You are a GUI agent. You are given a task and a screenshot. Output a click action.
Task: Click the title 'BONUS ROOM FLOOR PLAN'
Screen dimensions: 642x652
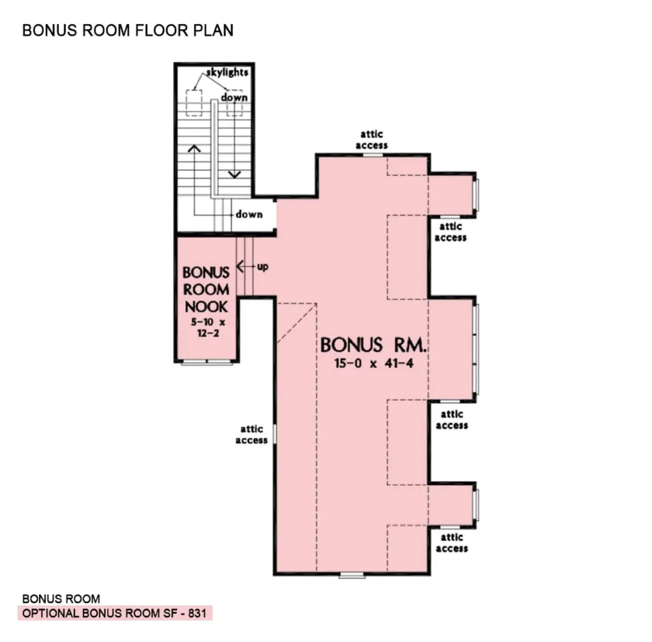click(x=127, y=30)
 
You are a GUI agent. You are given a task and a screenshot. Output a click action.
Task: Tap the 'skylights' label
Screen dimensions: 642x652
click(x=227, y=72)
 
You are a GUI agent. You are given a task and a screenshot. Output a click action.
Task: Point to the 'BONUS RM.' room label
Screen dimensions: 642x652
click(x=373, y=345)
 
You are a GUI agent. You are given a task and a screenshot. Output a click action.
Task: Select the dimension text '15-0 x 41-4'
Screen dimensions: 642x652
click(x=374, y=364)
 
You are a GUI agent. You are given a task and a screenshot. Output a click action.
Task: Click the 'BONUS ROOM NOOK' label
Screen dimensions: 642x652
click(x=206, y=290)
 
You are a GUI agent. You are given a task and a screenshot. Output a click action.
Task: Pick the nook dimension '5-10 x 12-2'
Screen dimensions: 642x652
click(x=208, y=327)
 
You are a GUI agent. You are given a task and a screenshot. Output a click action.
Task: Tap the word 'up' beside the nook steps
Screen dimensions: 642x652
click(x=263, y=267)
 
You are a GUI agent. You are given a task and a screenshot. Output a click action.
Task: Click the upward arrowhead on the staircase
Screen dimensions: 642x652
click(x=194, y=148)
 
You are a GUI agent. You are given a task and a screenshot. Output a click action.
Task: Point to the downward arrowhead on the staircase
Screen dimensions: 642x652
click(x=234, y=174)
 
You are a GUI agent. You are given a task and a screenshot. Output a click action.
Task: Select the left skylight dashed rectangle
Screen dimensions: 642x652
click(x=194, y=103)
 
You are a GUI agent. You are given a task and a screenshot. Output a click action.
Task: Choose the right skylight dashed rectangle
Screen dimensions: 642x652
click(x=234, y=103)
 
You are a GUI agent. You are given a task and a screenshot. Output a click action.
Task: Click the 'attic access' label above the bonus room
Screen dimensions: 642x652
click(x=372, y=140)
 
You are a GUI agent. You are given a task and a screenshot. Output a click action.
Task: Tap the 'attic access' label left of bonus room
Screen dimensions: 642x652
click(x=251, y=435)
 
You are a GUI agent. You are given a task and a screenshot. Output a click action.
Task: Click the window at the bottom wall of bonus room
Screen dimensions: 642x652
click(x=352, y=575)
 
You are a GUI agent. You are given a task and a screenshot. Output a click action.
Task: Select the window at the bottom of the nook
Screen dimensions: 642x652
click(x=207, y=362)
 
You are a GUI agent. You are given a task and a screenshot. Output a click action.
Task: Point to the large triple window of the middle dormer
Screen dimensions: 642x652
click(x=476, y=349)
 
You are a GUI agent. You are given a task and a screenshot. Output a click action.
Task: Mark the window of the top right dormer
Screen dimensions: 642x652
click(x=476, y=195)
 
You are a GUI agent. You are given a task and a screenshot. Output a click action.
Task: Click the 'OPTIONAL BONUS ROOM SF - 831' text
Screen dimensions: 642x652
click(x=115, y=613)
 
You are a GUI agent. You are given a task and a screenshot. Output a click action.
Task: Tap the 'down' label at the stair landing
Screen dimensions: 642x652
click(x=249, y=215)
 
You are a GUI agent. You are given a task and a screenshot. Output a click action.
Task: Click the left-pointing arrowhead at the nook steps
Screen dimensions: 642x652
click(x=240, y=266)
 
